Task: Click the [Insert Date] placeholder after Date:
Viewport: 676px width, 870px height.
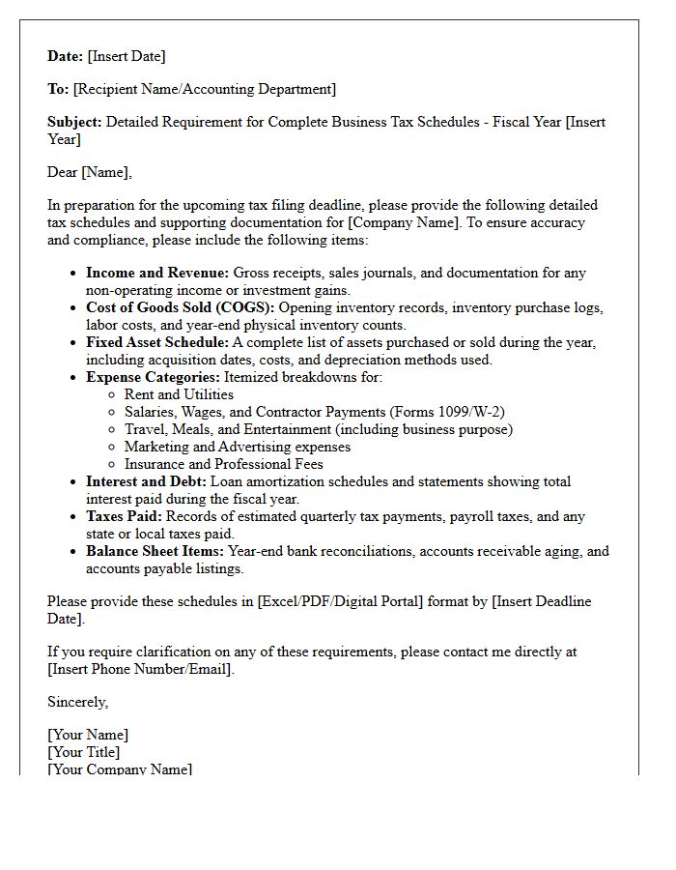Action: pos(127,56)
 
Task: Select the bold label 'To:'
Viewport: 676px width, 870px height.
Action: pos(58,89)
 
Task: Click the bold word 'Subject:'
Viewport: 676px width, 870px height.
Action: pos(74,122)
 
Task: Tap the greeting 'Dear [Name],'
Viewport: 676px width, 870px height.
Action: pos(90,172)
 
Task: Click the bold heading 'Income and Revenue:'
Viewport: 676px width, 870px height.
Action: pos(157,273)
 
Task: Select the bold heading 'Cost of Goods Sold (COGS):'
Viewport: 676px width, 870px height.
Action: pos(180,307)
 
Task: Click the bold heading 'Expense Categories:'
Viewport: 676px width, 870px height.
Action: pos(153,377)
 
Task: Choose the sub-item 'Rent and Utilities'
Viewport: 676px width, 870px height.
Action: pos(179,394)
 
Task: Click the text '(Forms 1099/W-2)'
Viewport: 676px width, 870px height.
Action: pos(448,412)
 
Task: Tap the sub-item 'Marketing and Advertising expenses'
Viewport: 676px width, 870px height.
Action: pos(237,447)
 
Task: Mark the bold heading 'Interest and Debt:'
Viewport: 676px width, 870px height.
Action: pos(146,481)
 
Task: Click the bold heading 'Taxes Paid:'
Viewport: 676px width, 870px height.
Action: pos(125,516)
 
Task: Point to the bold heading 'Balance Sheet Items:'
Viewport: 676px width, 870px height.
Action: pos(155,551)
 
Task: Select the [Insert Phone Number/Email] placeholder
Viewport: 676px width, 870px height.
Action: pos(140,669)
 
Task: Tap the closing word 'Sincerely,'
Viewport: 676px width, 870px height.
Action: pos(78,702)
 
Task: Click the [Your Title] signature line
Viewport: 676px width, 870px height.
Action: pos(84,752)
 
